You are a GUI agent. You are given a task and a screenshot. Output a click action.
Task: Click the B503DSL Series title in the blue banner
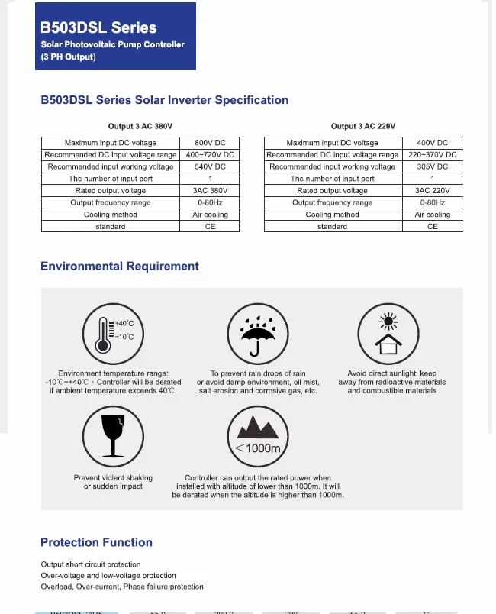[x=98, y=27]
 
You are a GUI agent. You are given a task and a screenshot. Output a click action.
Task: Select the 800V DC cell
[x=210, y=143]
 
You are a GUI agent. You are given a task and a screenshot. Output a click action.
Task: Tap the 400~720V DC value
[x=210, y=154]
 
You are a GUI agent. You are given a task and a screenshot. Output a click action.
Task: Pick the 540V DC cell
[x=210, y=166]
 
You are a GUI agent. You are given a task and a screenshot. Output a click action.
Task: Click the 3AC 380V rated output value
[x=210, y=190]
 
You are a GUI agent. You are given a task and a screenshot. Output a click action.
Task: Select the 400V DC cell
[x=432, y=143]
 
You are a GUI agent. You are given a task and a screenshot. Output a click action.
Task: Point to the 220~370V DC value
[x=432, y=154]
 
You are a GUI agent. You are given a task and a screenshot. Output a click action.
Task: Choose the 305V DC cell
[x=432, y=166]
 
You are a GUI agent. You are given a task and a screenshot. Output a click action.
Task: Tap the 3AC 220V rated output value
[x=432, y=190]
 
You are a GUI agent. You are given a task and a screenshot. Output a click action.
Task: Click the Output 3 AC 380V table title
[x=141, y=126]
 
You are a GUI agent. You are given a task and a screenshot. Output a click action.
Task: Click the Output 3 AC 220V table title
[x=362, y=126]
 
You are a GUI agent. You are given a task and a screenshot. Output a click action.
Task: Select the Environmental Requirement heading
[x=120, y=267]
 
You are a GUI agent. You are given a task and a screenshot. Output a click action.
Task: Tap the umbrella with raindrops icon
[x=257, y=332]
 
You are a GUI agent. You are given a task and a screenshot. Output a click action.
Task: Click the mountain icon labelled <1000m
[x=257, y=433]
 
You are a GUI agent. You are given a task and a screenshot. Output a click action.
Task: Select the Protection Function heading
[x=96, y=542]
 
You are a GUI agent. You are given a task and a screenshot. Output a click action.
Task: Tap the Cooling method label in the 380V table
[x=111, y=215]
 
